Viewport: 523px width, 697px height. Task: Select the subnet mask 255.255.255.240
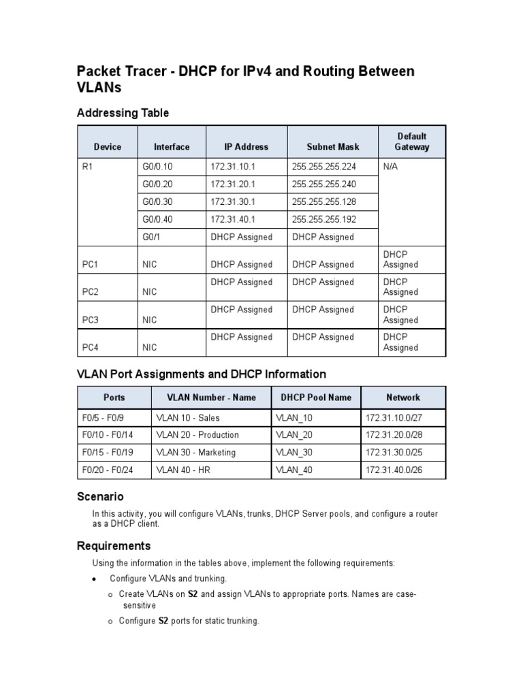click(x=324, y=184)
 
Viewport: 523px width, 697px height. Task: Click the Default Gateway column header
click(x=411, y=142)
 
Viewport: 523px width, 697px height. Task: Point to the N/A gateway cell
click(x=390, y=167)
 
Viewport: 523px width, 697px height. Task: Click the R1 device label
click(x=87, y=167)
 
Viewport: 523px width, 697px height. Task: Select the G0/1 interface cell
click(x=152, y=238)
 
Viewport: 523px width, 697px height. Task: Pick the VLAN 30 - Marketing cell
click(x=195, y=453)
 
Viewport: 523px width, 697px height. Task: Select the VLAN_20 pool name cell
click(x=295, y=435)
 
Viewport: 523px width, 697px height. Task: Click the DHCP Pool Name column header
click(x=316, y=398)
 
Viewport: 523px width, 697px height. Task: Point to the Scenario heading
click(x=100, y=497)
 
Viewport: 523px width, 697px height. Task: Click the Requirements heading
click(x=114, y=546)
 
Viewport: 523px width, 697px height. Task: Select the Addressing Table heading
click(x=123, y=113)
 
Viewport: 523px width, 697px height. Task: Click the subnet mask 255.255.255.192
click(x=324, y=220)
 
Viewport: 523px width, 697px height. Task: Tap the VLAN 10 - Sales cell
click(x=188, y=418)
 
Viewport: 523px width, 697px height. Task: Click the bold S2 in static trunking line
click(x=163, y=621)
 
